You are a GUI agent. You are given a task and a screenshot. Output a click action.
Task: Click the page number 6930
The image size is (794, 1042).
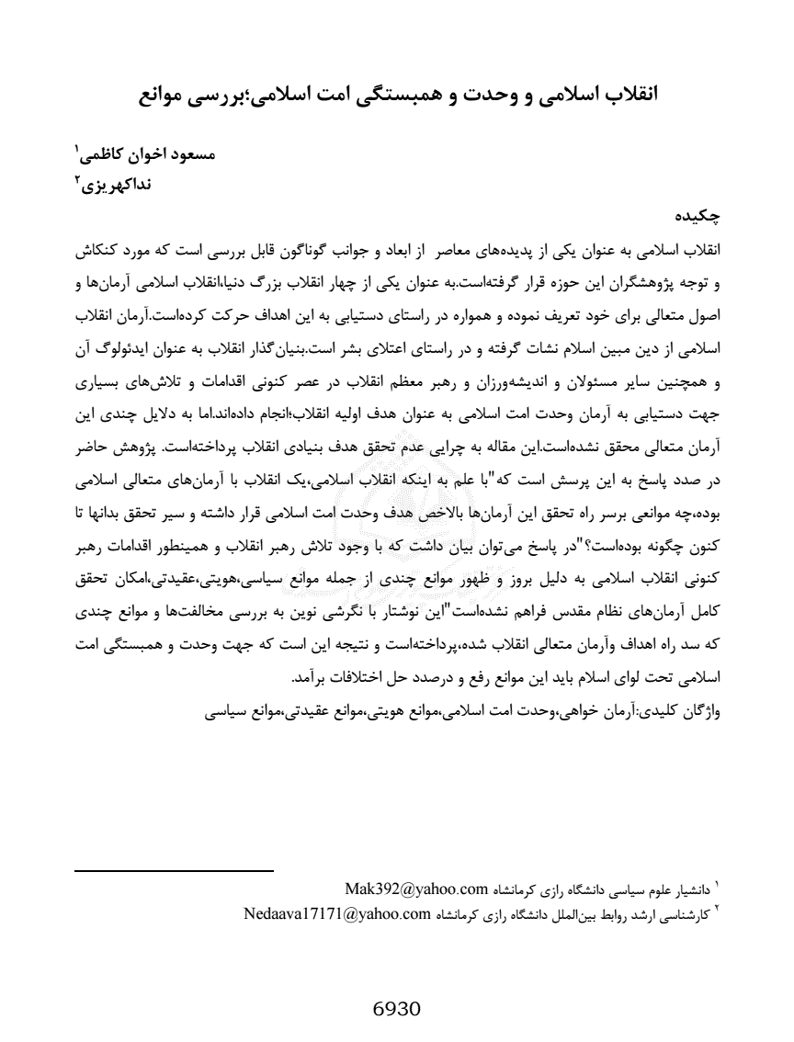click(x=397, y=1008)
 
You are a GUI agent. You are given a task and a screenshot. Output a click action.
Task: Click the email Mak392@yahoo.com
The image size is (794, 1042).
click(x=415, y=888)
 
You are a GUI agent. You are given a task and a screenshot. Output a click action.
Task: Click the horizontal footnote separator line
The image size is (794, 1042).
click(x=174, y=869)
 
